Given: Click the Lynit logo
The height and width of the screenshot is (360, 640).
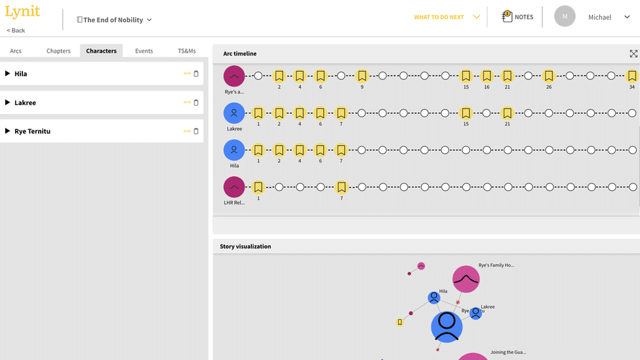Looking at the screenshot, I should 22,12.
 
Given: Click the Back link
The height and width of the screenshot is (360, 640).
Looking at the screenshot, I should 16,30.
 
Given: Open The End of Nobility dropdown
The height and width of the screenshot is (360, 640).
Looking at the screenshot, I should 115,20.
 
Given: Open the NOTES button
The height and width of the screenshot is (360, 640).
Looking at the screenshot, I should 517,17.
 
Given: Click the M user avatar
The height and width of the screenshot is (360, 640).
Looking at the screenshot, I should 565,17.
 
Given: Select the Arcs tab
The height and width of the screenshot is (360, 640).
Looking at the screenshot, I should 16,51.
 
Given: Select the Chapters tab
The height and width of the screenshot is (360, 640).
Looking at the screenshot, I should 58,51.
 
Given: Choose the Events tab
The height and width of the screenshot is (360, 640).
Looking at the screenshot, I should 144,51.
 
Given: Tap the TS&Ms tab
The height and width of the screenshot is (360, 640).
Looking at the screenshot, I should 187,51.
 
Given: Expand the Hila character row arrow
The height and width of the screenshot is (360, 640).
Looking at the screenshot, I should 8,74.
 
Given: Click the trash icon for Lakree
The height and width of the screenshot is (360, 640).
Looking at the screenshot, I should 196,103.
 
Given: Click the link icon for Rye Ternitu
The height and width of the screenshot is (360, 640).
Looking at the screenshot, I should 187,132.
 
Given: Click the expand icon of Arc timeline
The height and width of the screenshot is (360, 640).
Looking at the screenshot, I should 633,54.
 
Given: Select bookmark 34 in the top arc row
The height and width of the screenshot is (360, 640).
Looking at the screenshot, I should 632,76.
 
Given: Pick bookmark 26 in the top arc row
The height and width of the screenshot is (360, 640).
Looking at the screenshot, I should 549,76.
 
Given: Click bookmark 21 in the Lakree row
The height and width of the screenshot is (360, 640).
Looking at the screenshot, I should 508,113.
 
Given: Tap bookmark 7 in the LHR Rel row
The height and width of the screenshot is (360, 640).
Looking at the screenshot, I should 341,187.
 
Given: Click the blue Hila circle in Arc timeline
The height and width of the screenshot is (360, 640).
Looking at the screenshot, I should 234,150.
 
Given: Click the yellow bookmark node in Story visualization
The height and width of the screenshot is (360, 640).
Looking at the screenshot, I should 399,322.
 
